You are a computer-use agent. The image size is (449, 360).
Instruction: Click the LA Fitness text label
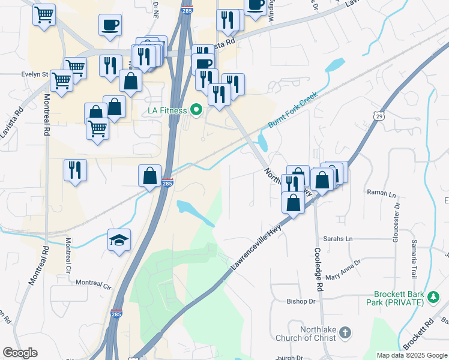pos(168,110)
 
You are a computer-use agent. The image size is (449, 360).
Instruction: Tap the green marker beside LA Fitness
pos(196,110)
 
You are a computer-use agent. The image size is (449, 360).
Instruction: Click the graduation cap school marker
pos(119,240)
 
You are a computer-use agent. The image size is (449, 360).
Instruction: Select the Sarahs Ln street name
pos(338,238)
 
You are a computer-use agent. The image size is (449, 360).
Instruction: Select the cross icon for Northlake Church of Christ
pos(345,332)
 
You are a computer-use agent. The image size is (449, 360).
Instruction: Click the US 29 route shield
pos(378,116)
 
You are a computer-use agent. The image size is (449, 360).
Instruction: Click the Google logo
pos(20,353)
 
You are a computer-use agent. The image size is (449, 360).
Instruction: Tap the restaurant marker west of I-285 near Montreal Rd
pos(75,169)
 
